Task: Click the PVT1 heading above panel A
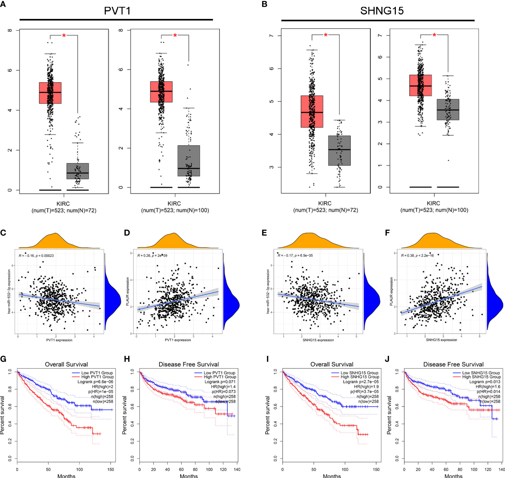pos(117,11)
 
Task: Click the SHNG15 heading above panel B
pos(382,11)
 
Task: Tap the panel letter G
pos(3,359)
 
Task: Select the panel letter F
pos(387,233)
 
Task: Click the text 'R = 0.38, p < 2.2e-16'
pos(417,256)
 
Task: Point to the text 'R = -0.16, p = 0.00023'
pos(36,256)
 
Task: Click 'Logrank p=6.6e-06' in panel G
pos(95,382)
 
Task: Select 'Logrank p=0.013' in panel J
pos(485,382)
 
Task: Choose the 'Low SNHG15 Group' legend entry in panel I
pos(359,373)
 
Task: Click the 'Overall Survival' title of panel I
pos(332,364)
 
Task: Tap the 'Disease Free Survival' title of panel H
pos(189,364)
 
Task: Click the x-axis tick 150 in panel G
pos(111,469)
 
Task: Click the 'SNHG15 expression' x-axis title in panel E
pos(318,340)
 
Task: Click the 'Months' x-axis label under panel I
pos(332,476)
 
